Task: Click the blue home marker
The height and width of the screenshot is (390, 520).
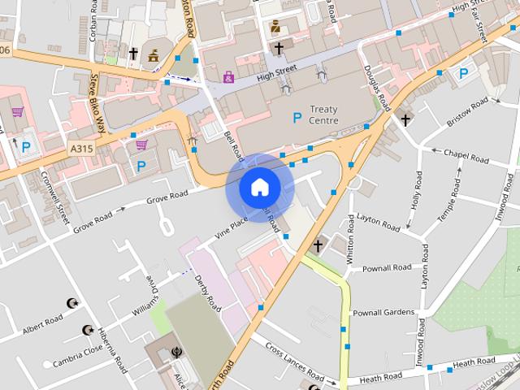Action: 258,188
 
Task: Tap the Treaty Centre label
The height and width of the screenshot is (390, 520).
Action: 324,115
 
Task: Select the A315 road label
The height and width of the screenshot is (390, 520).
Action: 81,148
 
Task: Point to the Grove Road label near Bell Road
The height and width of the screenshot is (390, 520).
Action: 167,197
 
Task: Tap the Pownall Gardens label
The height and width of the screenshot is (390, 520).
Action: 383,313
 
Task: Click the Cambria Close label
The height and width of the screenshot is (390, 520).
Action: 78,350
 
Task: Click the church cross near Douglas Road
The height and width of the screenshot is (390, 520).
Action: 404,120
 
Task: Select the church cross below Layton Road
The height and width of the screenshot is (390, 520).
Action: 318,244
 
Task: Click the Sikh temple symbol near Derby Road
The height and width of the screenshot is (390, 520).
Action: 178,353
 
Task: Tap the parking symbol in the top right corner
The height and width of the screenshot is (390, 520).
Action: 463,74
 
